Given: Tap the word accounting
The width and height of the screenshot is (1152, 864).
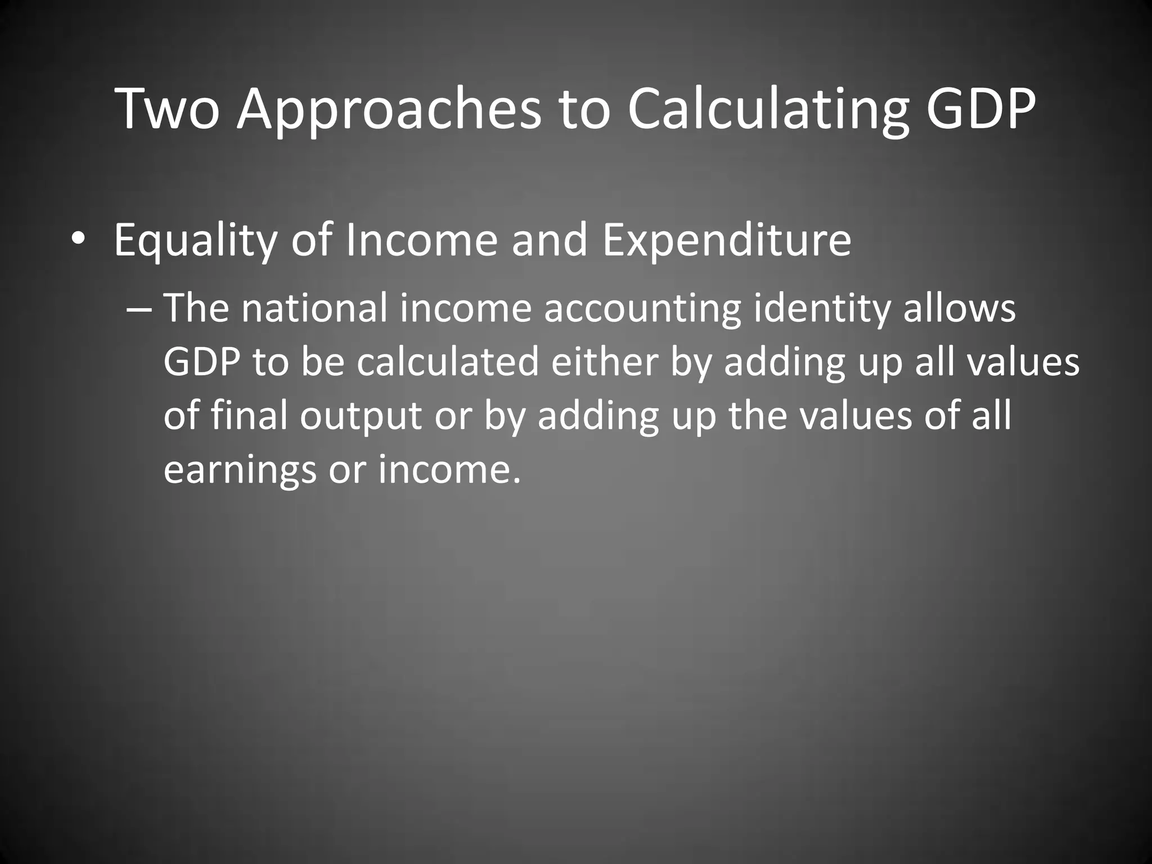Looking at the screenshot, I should pos(642,309).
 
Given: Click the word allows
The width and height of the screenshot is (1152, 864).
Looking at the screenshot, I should pos(960,309).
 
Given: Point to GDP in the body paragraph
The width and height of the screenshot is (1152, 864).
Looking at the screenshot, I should pos(202,362).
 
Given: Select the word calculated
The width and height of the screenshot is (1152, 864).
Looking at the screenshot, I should pos(448,362).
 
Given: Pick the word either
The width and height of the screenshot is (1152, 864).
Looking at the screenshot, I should pos(604,362).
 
